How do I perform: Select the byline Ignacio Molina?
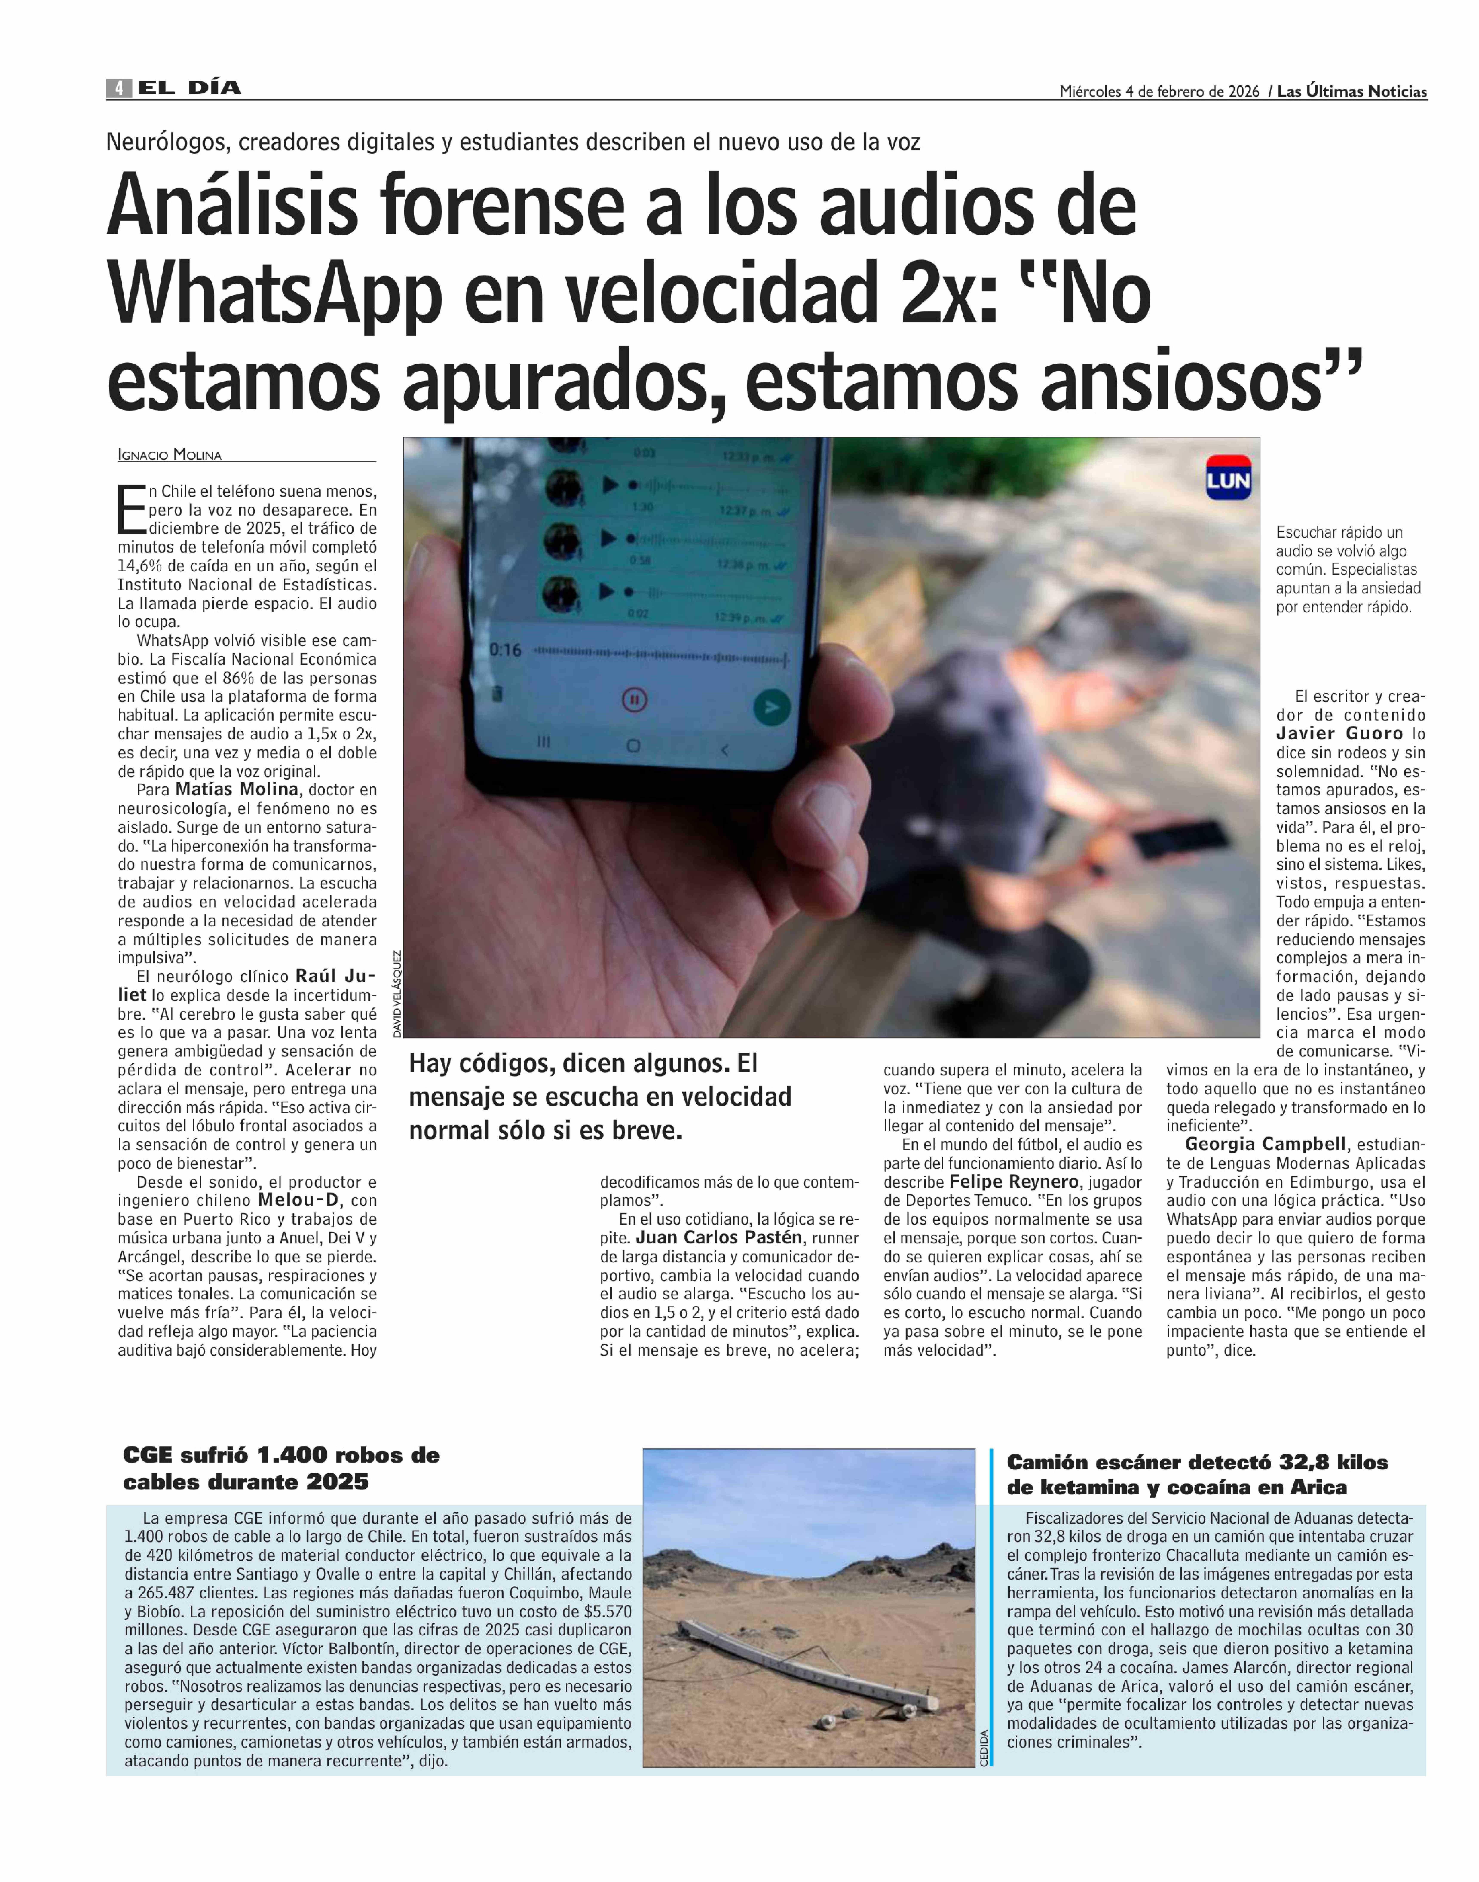(x=170, y=454)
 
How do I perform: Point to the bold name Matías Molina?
(x=236, y=790)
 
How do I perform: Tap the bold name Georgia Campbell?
(x=1265, y=1144)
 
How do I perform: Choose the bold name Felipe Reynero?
(x=1013, y=1182)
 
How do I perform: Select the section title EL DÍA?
(x=189, y=88)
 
